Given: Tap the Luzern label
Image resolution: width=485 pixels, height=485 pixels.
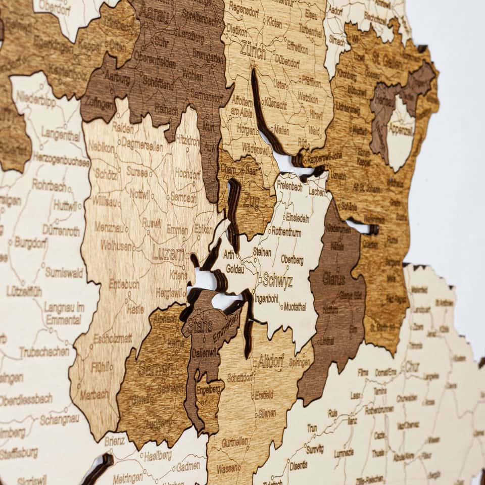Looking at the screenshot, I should (x=168, y=253).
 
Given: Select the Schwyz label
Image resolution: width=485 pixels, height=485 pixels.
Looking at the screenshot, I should (x=277, y=281).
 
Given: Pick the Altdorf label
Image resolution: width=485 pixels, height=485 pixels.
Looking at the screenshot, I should (x=271, y=361).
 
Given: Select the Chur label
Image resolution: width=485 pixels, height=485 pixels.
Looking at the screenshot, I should (x=412, y=366).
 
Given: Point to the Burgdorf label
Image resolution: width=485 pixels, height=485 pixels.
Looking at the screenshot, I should (x=30, y=242).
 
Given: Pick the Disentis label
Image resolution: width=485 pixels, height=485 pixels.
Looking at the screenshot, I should (x=298, y=465).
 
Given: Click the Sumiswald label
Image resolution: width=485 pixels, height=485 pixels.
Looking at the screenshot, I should (x=64, y=273).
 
